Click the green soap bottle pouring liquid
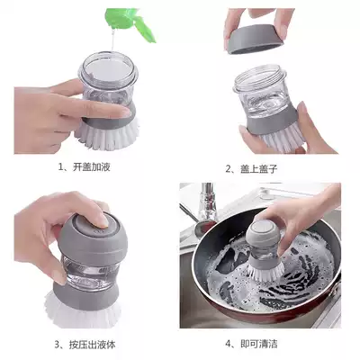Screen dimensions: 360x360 pyautogui.click(x=132, y=21)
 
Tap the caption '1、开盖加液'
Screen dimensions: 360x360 pyautogui.click(x=84, y=167)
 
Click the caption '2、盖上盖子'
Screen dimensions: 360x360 pyautogui.click(x=251, y=169)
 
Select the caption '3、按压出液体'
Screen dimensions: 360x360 pyautogui.click(x=85, y=345)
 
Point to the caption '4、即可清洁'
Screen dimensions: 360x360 pyautogui.click(x=251, y=344)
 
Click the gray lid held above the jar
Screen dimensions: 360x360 pyautogui.click(x=256, y=40)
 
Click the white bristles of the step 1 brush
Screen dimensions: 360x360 pyautogui.click(x=107, y=134)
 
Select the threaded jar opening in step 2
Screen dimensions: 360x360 pyautogui.click(x=257, y=78)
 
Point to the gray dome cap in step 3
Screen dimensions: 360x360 pyautogui.click(x=93, y=237)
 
